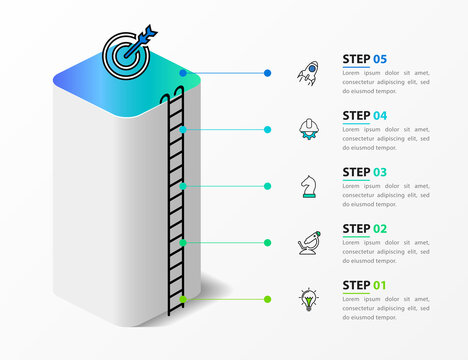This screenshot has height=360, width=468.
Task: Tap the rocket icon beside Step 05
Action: (307, 72)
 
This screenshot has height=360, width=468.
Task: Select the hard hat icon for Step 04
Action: (307, 129)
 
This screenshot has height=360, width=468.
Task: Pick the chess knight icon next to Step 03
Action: (307, 185)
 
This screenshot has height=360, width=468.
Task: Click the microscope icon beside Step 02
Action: (307, 242)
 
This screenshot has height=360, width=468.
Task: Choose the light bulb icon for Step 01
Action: (307, 298)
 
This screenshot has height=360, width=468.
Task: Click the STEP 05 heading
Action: (365, 59)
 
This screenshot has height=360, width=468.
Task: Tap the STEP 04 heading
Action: (365, 115)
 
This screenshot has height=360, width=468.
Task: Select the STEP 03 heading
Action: (365, 172)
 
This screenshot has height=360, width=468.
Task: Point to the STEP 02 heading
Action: (365, 228)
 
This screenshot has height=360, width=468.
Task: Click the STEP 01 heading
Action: (365, 285)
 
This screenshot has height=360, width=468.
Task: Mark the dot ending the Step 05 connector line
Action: (268, 73)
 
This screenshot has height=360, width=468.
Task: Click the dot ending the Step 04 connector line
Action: (268, 129)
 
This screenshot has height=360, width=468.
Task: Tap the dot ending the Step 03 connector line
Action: (268, 186)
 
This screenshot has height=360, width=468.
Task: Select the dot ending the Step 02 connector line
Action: (268, 242)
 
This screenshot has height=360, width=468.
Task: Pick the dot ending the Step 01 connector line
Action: (268, 299)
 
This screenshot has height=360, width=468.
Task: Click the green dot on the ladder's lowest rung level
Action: (182, 299)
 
